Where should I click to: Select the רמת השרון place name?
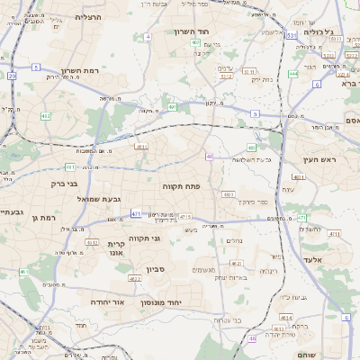pyautogui.click(x=60, y=70)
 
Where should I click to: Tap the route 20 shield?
pyautogui.click(x=12, y=76)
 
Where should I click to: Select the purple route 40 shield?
pyautogui.click(x=210, y=157)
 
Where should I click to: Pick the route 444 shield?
pyautogui.click(x=293, y=74)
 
